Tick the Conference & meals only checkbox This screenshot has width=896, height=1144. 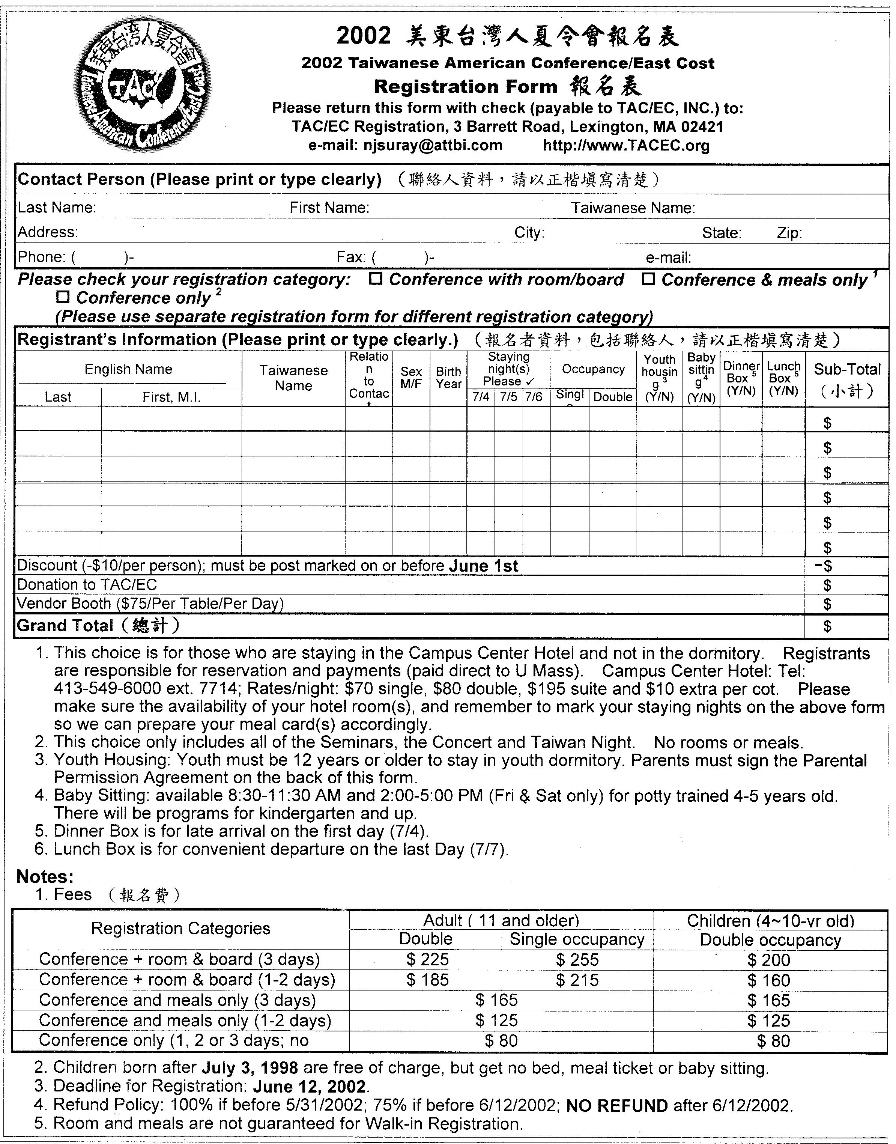point(648,279)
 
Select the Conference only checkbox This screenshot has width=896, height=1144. point(63,298)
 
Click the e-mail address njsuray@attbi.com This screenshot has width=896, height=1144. point(433,145)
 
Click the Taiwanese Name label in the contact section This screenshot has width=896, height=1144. point(633,208)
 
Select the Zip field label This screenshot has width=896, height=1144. point(789,232)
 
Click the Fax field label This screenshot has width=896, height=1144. point(350,257)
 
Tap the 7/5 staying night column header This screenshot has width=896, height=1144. point(508,397)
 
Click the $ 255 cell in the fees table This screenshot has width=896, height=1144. point(577,960)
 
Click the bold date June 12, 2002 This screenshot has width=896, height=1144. point(310,1086)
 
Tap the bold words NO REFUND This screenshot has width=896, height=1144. point(617,1106)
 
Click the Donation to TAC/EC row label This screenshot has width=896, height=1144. point(87,585)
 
